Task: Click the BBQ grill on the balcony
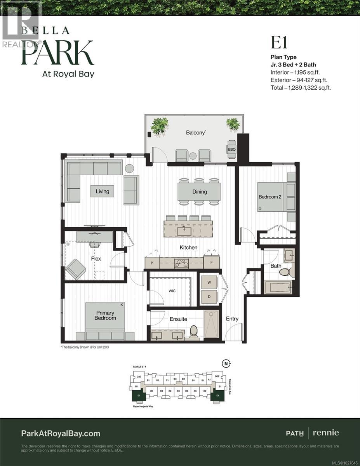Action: [231, 149]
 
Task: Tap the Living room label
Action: [103, 191]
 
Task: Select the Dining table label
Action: [199, 191]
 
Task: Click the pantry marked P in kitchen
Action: [152, 263]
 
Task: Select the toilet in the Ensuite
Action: [193, 332]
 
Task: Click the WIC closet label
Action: [172, 290]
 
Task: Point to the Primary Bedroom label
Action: [105, 315]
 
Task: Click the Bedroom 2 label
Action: [270, 197]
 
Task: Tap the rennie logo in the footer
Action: [325, 433]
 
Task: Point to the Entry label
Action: [232, 318]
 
